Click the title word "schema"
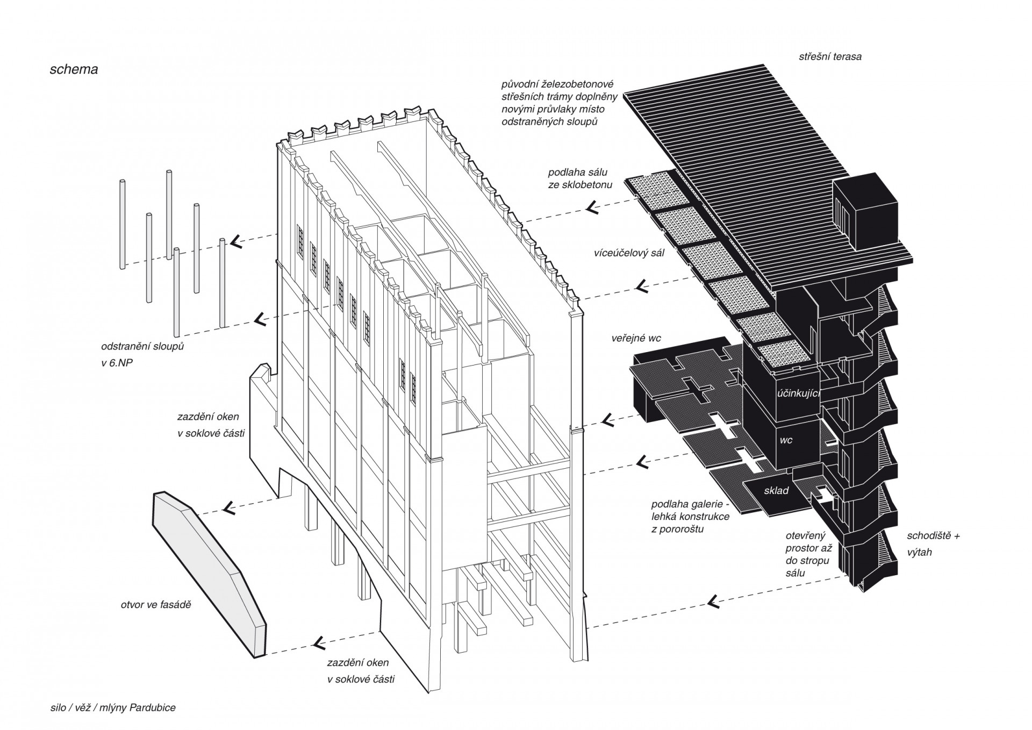74,69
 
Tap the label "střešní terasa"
830,56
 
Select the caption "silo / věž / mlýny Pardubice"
113,707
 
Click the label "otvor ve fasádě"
156,605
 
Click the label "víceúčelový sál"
629,253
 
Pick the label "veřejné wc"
636,339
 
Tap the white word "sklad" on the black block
776,491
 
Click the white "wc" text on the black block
786,440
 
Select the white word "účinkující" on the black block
799,393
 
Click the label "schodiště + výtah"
934,543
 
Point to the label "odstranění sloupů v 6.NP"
142,355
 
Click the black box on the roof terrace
864,210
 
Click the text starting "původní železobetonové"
557,103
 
